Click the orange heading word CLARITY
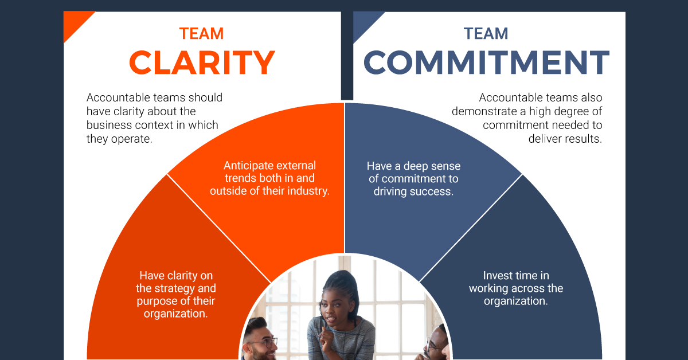click(x=202, y=62)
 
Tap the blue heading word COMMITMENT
click(x=487, y=62)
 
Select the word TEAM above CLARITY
click(x=201, y=33)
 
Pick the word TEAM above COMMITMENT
click(x=486, y=33)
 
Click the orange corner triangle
click(x=74, y=22)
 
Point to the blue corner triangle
click(x=363, y=22)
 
